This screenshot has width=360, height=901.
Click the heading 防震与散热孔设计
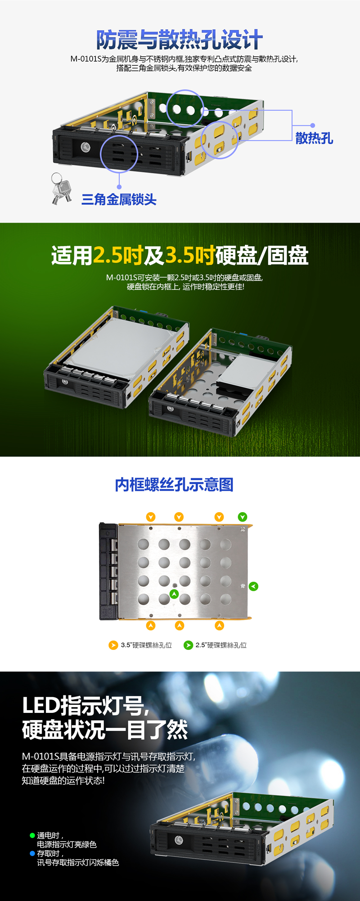coord(180,40)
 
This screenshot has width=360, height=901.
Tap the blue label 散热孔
coord(314,138)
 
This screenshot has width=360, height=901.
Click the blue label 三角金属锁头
coord(119,199)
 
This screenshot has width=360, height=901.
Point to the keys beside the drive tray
coord(61,189)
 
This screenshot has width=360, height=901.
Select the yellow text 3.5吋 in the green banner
coord(190,256)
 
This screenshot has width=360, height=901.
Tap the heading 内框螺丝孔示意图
coord(174,485)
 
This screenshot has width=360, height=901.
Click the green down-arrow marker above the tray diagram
coord(243,517)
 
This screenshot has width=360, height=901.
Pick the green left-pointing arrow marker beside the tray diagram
coord(253,586)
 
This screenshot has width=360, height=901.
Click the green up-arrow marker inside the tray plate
coord(174,594)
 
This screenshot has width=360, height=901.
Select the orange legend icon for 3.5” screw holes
coord(113,645)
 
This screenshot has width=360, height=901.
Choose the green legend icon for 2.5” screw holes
coord(188,645)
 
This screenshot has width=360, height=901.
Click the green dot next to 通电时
coord(32,835)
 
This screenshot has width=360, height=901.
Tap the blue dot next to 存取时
coord(32,853)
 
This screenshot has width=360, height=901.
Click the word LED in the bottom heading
coord(41,706)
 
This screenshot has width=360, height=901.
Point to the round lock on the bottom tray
coord(179,840)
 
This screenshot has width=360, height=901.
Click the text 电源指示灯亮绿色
coord(67,844)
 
